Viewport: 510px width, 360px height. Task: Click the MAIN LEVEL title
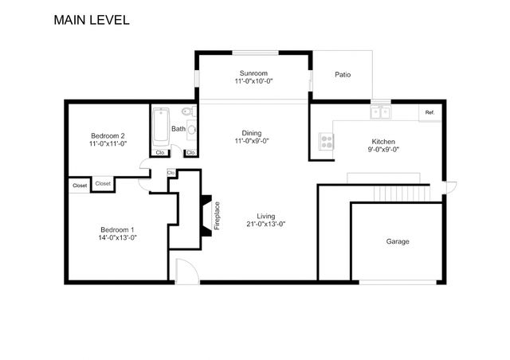tap(92, 20)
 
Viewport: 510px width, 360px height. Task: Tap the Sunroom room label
tap(253, 73)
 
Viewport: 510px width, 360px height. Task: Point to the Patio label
tap(343, 75)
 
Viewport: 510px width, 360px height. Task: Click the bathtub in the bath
tap(161, 127)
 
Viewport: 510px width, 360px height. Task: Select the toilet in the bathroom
tap(189, 112)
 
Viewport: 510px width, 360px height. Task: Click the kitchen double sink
tap(381, 112)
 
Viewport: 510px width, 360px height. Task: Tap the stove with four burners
tap(326, 141)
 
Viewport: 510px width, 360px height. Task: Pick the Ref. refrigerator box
tap(430, 112)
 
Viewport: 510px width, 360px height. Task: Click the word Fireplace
tap(217, 216)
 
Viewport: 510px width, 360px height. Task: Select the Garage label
tap(398, 241)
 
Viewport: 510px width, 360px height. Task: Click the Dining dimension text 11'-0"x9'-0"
tap(252, 141)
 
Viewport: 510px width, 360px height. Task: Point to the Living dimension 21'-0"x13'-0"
tap(265, 224)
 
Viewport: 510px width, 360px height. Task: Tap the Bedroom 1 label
tap(117, 229)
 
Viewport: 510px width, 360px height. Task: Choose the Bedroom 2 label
tap(108, 135)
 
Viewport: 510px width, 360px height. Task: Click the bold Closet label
tap(80, 186)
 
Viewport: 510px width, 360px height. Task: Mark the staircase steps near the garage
tap(402, 194)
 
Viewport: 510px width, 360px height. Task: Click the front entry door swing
tap(187, 271)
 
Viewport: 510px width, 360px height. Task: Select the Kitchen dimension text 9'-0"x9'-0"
tap(383, 150)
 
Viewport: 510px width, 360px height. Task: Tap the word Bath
tap(178, 129)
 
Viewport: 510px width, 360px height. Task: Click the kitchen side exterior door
tap(449, 188)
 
